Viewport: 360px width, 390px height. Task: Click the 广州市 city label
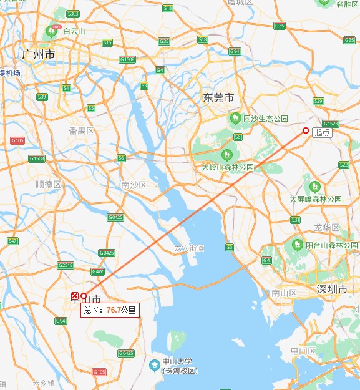pos(38,55)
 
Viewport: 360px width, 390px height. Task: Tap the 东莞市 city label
pos(218,98)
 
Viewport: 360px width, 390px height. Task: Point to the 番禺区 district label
pos(82,130)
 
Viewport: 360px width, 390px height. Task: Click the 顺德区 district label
pos(48,184)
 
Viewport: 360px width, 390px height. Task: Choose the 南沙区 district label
pos(134,185)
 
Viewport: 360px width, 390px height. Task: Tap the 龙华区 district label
pos(327,227)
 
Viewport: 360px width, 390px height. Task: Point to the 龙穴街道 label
pos(189,248)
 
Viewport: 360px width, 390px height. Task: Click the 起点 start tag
pos(323,132)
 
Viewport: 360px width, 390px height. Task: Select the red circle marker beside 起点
pos(306,130)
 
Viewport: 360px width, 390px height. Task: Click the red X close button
pos(75,295)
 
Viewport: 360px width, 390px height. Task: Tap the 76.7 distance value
pos(113,310)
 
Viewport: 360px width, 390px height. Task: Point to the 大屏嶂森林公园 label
pos(316,199)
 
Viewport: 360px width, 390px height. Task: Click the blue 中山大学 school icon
pos(155,363)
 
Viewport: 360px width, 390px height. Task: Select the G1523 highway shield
pos(330,124)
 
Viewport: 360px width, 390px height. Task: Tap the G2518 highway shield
pos(66,265)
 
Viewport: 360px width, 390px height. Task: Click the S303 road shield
pos(72,14)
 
